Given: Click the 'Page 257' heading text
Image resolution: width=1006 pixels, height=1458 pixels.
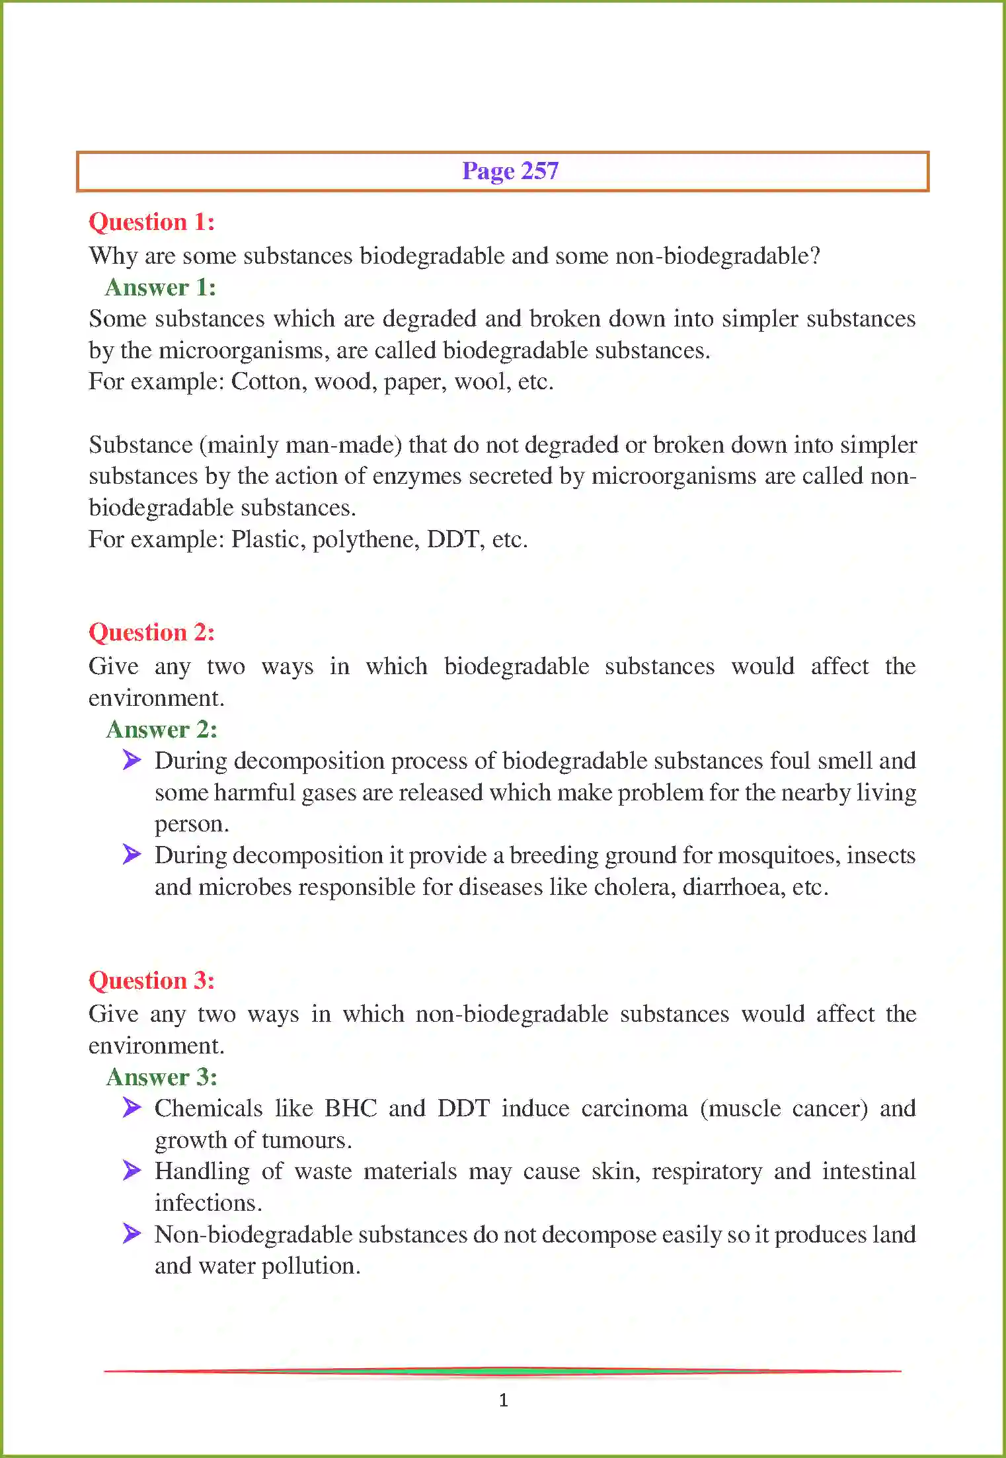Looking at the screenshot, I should click(510, 171).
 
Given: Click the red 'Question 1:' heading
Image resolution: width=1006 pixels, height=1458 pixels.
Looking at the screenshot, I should click(151, 222).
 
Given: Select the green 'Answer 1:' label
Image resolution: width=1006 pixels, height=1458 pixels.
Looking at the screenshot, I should click(161, 288).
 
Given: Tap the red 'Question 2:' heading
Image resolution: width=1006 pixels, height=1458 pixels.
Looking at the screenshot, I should click(151, 633).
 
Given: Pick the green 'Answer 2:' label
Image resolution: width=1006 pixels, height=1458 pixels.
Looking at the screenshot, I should click(162, 730).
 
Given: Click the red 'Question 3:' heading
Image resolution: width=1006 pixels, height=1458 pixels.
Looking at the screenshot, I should click(151, 981).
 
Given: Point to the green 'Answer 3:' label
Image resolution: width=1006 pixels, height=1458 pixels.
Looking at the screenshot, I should click(162, 1077).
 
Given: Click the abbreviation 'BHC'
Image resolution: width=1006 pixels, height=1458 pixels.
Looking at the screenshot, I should click(350, 1108).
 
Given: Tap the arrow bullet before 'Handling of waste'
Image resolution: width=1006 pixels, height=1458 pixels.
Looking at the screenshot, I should click(132, 1170).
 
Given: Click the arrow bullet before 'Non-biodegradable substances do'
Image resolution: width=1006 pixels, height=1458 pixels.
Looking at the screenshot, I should click(132, 1233).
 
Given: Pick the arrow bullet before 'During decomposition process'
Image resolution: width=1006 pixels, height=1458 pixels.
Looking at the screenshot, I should click(132, 760).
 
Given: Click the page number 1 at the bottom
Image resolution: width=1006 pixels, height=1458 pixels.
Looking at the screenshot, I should click(504, 1400).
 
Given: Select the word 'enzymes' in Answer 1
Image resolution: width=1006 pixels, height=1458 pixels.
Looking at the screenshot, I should click(416, 477).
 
